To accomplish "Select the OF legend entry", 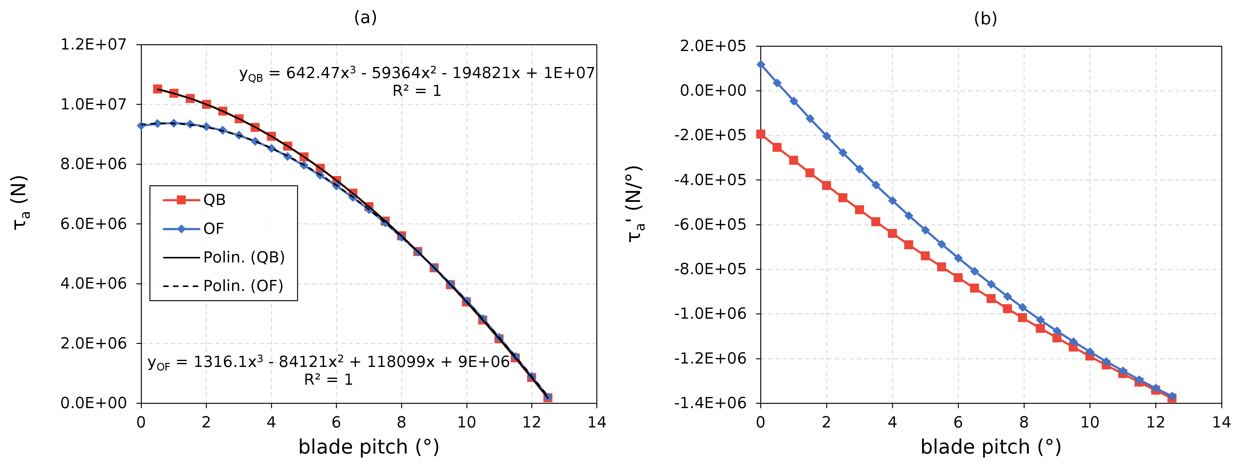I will [x=213, y=229].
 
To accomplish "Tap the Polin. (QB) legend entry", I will [x=244, y=257].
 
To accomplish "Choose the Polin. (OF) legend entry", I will [x=243, y=286].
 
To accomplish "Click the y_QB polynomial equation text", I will [x=417, y=73].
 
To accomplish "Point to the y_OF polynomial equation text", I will [x=328, y=362].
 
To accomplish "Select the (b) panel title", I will [x=985, y=19].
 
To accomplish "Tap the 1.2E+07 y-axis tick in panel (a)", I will [x=93, y=44].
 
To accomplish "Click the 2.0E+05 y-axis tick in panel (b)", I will [x=713, y=46].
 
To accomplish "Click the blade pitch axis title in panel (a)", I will [x=368, y=447].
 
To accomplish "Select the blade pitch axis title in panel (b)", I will [x=990, y=447].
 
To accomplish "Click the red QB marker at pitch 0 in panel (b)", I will [x=761, y=134].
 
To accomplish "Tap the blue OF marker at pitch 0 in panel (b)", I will [x=761, y=65].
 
